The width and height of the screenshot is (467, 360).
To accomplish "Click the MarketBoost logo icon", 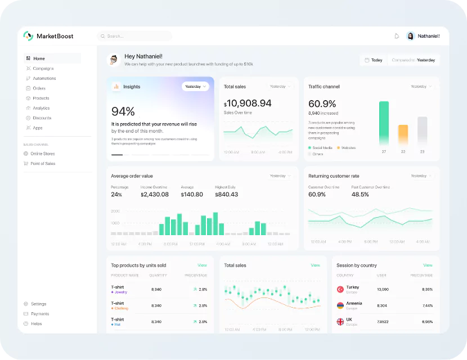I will [x=28, y=36].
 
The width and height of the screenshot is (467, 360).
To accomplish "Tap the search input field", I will [x=135, y=36].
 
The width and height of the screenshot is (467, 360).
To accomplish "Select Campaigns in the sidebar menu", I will [x=43, y=69].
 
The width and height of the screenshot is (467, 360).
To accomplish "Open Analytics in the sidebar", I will [x=41, y=108].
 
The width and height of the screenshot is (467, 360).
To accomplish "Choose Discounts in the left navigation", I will [x=42, y=118].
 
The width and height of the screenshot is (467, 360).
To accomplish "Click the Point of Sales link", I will [x=43, y=164].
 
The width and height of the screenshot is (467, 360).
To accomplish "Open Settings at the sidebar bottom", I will [x=38, y=304].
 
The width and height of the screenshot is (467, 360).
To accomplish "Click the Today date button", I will [x=374, y=60].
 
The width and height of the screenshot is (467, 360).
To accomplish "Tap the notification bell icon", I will [x=397, y=36].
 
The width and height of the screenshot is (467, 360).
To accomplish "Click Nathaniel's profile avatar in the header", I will [x=411, y=36].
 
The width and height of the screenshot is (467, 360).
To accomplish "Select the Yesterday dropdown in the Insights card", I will [x=195, y=87].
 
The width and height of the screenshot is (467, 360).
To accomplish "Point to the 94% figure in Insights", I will [x=123, y=111].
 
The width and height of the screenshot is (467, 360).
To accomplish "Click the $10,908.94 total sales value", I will [x=248, y=103].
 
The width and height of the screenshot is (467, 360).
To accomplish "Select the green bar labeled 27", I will [x=384, y=123].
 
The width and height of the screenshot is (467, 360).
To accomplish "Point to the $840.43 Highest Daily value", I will [x=226, y=195].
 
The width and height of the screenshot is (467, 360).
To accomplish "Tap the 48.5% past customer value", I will [x=360, y=195].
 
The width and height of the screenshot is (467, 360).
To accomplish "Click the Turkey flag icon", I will [x=340, y=289].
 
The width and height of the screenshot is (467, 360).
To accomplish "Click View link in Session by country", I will [x=428, y=265].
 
